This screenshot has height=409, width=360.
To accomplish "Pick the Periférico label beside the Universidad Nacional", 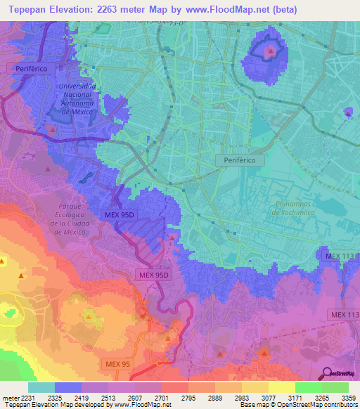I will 26,69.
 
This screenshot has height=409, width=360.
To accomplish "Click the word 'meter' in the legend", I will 8,397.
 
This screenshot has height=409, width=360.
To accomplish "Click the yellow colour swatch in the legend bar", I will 281,387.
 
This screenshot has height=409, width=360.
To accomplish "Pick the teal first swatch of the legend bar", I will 41,387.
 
